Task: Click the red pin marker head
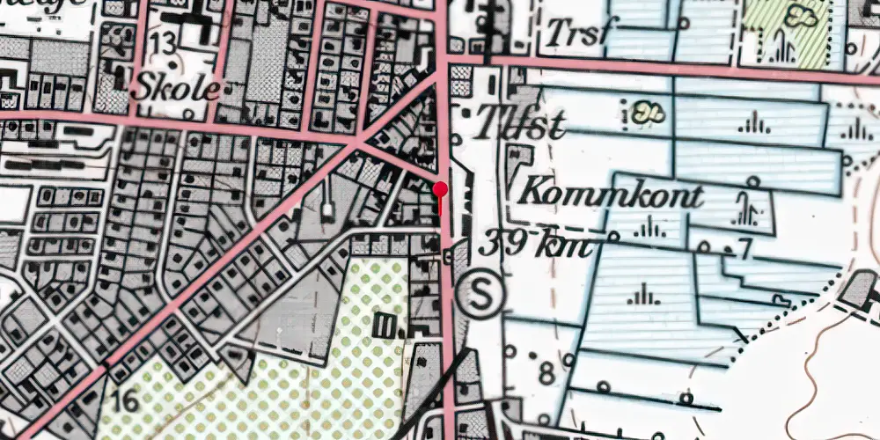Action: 441,187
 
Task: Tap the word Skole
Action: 176,88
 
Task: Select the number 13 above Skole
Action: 162,45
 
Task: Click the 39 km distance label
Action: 535,242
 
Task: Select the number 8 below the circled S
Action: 546,373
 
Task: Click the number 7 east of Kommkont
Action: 746,249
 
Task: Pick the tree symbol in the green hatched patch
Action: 803,15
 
